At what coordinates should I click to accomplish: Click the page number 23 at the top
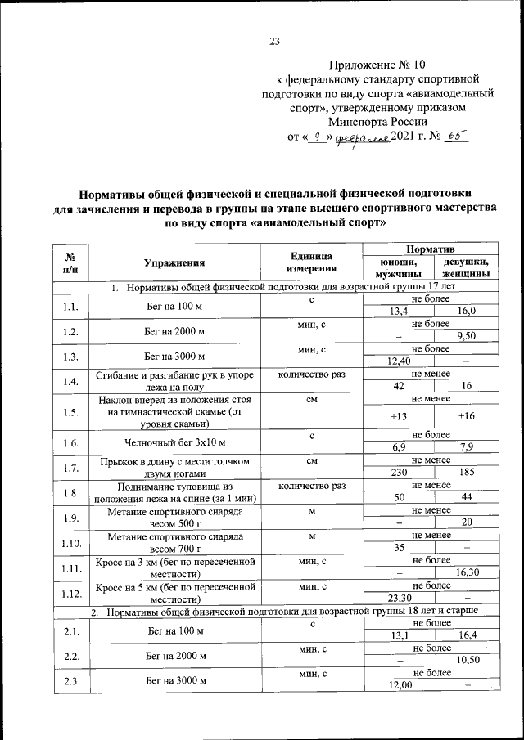pos(274,43)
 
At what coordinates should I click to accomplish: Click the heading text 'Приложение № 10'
pos(377,63)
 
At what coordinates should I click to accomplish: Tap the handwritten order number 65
pos(453,137)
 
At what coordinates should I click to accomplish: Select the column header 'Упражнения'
pos(174,262)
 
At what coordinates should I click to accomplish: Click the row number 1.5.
pos(70,412)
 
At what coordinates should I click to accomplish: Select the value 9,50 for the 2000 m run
pos(467,336)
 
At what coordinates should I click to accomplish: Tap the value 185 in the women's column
pos(467,473)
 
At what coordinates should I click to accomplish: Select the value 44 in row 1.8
pos(467,498)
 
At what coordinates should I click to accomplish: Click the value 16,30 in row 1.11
pos(467,573)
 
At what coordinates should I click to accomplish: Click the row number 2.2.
pos(70,656)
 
